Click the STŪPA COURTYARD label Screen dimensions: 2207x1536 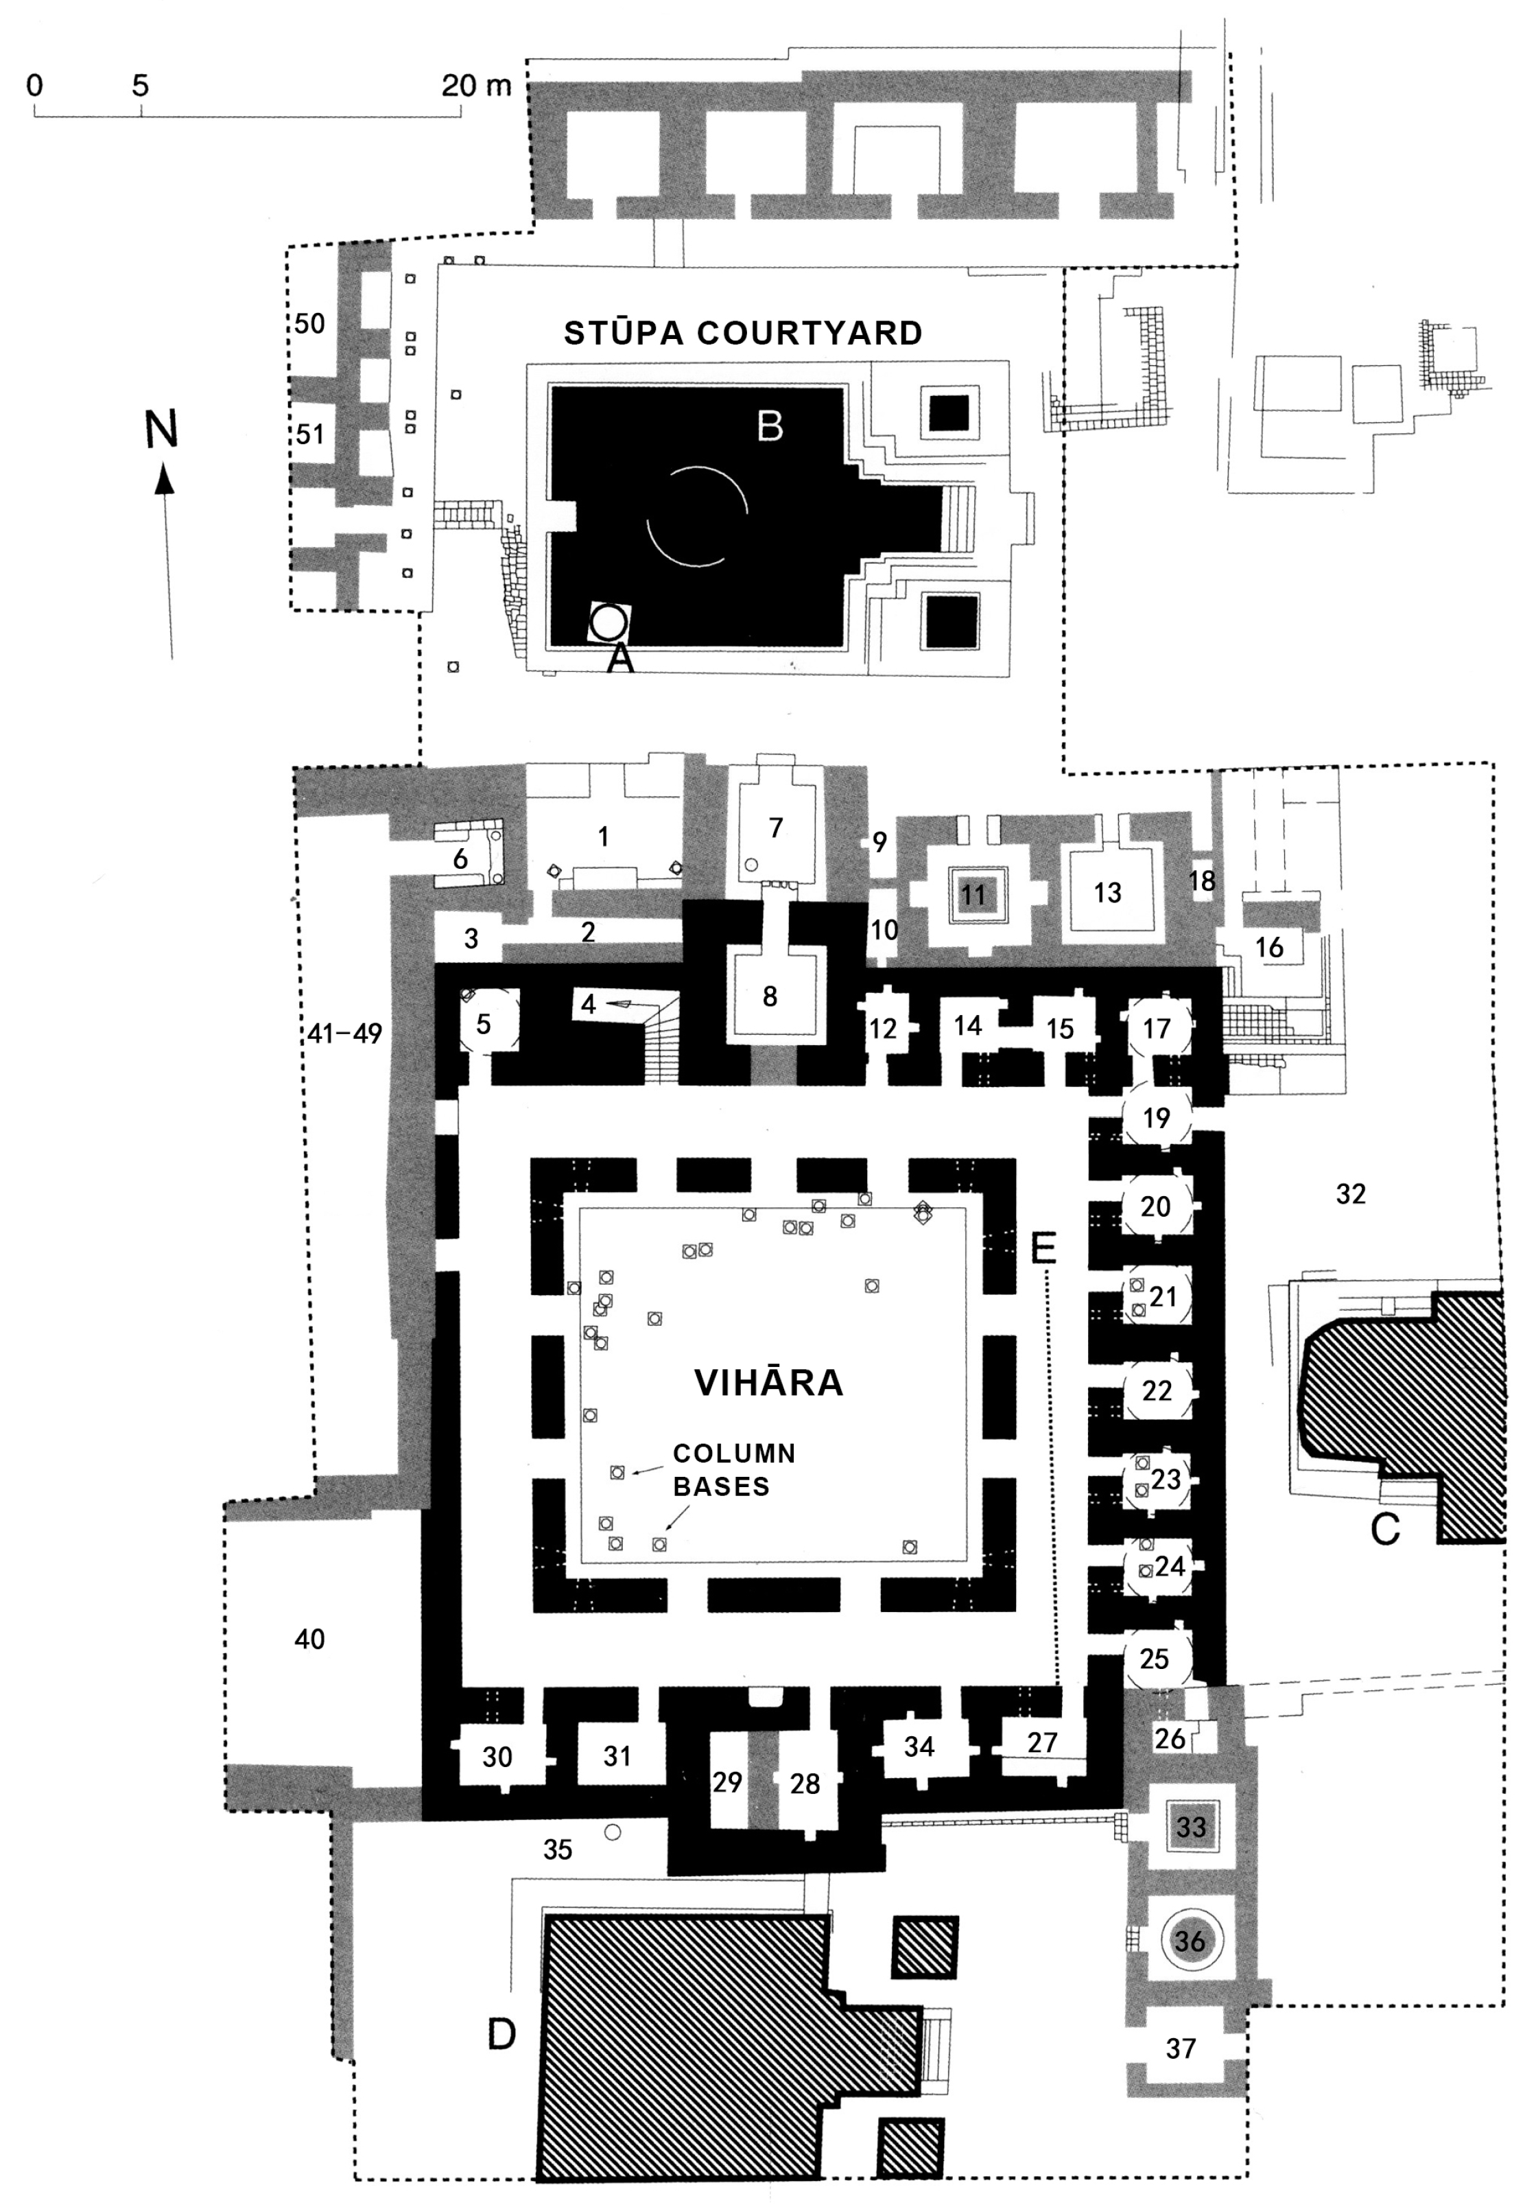point(742,333)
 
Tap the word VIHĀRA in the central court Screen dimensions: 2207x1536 point(768,1382)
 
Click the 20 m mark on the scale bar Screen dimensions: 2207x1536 point(476,86)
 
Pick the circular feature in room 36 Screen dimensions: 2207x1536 point(1190,1940)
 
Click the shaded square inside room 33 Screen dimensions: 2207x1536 point(1190,1825)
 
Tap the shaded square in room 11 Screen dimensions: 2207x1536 point(973,895)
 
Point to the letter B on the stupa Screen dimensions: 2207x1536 point(769,425)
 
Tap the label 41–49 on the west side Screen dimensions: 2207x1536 point(345,1034)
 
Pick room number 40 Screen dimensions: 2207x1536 point(309,1639)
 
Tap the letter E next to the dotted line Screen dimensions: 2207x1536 point(1043,1248)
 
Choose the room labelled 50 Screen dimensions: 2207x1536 point(309,324)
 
